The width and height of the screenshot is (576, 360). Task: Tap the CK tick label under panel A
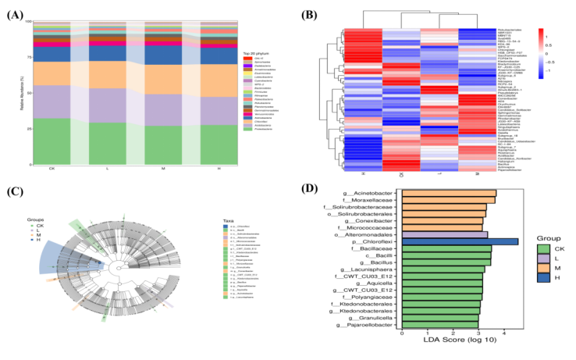[52, 168]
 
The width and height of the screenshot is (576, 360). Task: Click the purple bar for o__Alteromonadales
[444, 233]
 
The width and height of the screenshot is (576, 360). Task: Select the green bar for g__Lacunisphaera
[442, 268]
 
